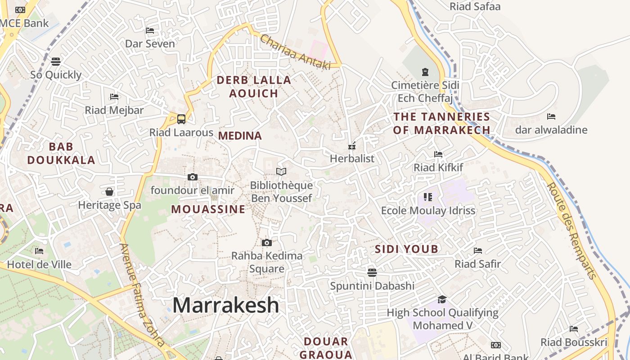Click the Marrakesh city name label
pos(226,305)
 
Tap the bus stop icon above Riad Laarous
pos(181,119)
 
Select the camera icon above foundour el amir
pos(193,177)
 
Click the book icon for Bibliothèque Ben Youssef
pos(281,171)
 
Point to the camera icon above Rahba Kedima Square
pos(267,243)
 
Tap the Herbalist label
pos(352,158)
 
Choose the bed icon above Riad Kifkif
pos(438,154)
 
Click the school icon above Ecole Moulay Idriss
pos(427,197)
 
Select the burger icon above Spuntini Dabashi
pos(372,272)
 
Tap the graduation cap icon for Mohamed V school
pos(442,299)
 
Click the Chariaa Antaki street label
pos(295,52)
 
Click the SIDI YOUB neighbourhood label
pos(406,249)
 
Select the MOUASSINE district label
pos(208,209)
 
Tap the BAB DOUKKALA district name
pos(61,153)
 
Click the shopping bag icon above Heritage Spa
pos(109,192)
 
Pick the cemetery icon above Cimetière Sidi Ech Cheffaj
pos(425,72)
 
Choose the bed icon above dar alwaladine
pos(551,117)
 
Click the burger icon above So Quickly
pos(56,61)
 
